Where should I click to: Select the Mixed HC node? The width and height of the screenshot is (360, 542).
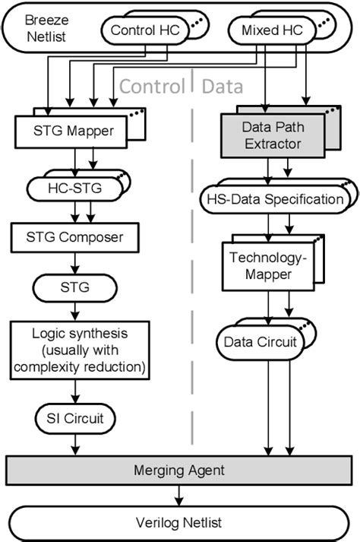[x=264, y=31]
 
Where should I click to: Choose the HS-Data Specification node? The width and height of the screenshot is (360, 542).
[x=271, y=200]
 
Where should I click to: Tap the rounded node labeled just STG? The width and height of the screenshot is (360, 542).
[x=73, y=287]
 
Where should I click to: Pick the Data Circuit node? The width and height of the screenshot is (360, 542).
[x=259, y=343]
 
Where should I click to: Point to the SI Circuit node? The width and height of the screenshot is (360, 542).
[x=73, y=416]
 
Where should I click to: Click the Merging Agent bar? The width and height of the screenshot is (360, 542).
[x=179, y=471]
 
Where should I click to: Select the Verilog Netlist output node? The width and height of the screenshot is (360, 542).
[x=179, y=522]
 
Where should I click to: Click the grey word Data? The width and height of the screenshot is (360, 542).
[x=223, y=87]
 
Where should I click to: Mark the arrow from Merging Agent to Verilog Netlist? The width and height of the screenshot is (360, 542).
[x=179, y=496]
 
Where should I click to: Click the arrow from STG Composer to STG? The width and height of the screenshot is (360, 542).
[x=73, y=262]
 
